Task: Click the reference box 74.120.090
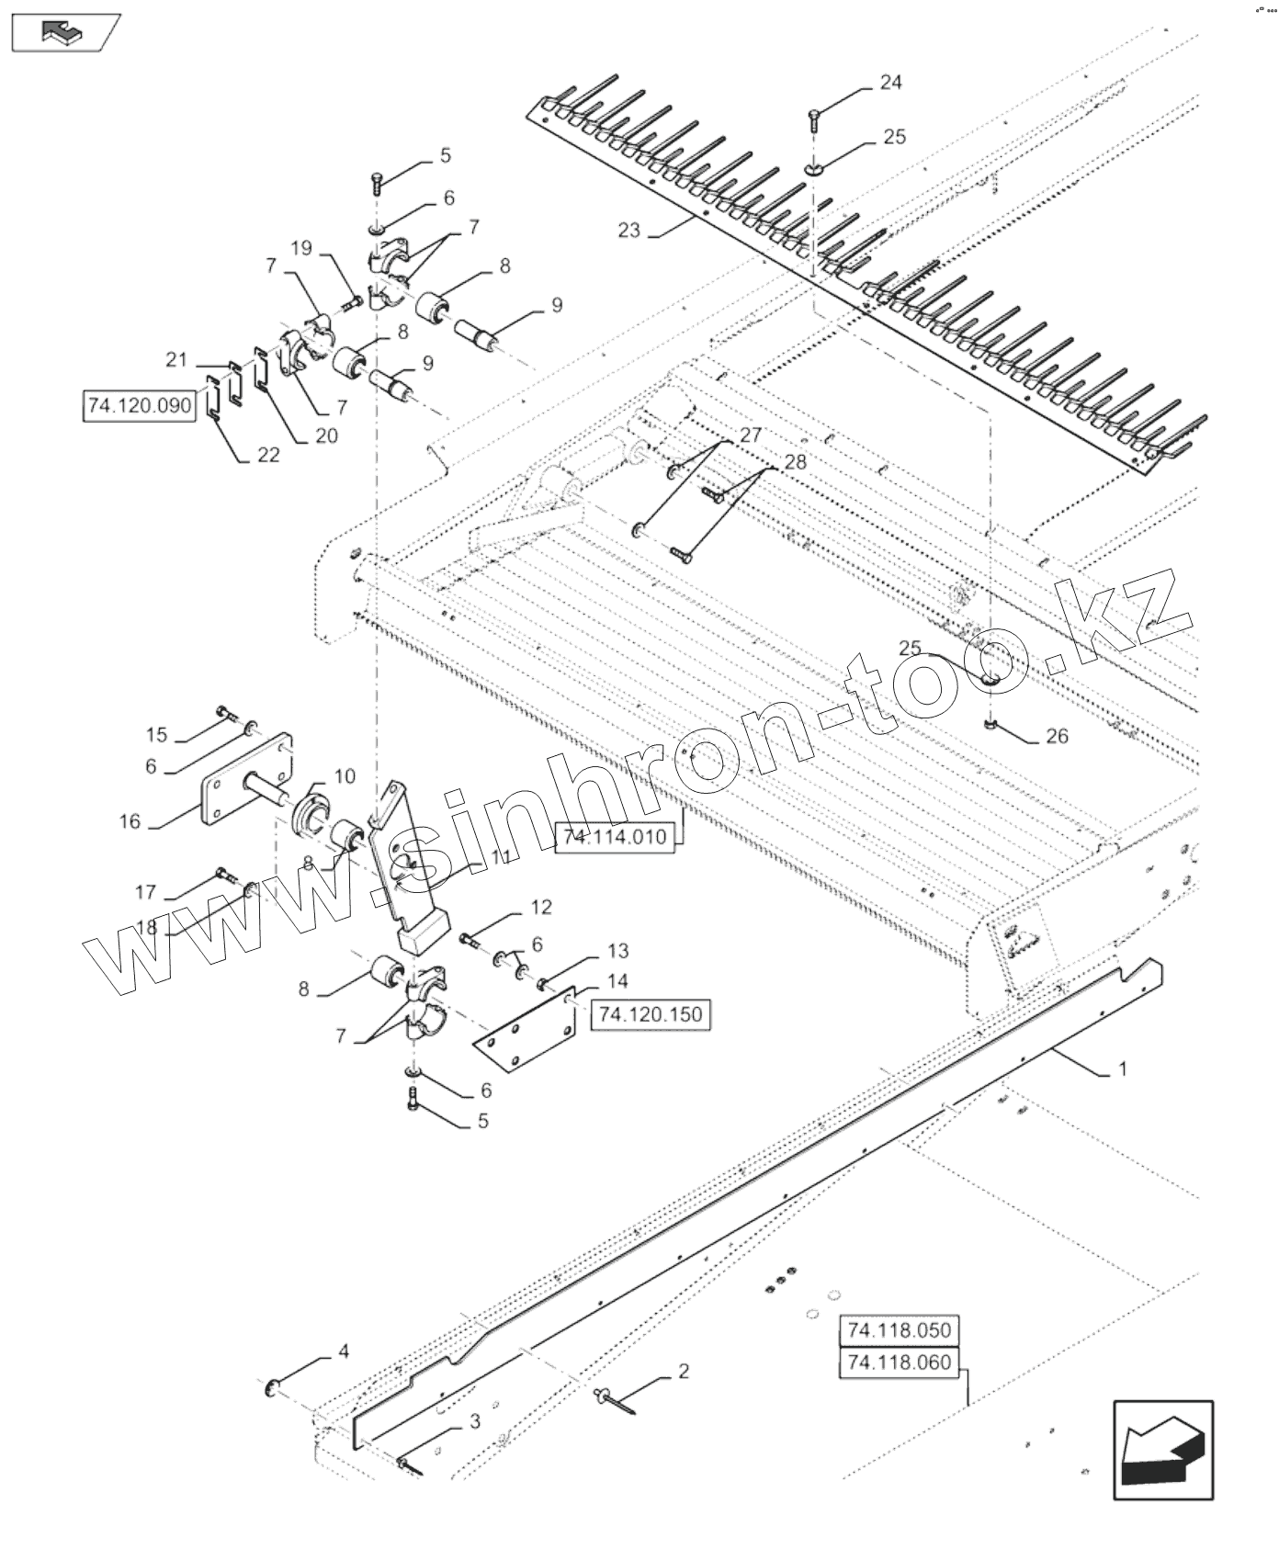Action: (x=139, y=406)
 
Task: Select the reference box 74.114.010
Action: (x=615, y=837)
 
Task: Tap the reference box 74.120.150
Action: (x=650, y=1014)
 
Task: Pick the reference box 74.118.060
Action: (x=900, y=1362)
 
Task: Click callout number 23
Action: (x=628, y=230)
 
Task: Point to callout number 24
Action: (x=890, y=83)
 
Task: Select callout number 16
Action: (x=130, y=821)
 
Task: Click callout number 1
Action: (x=1122, y=1069)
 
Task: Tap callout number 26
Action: (x=1057, y=736)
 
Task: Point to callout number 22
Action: (x=267, y=455)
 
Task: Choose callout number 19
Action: (x=301, y=248)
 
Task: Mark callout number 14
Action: (x=617, y=981)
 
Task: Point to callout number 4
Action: (x=343, y=1351)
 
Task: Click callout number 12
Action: (x=541, y=908)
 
